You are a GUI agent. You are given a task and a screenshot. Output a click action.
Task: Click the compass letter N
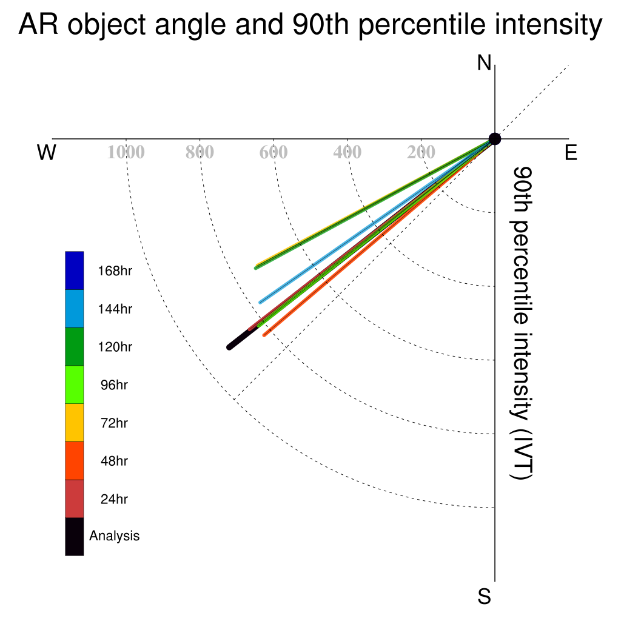tap(484, 63)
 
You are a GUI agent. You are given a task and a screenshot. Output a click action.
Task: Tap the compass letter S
tap(485, 596)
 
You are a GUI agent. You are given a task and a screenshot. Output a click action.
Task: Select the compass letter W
tap(47, 152)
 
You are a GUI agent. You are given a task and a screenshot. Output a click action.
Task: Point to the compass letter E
tap(571, 152)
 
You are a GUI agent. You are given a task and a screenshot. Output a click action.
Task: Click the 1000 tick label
tap(126, 152)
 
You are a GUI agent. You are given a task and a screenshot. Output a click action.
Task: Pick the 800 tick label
tap(200, 152)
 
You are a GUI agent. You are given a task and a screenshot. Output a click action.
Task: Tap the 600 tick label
tap(274, 152)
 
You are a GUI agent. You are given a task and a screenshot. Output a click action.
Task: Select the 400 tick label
tap(347, 152)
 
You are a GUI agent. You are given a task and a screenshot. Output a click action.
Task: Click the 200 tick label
tap(421, 152)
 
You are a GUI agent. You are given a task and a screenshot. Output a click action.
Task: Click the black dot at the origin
tap(495, 139)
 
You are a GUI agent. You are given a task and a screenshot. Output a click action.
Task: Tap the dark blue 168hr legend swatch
tap(75, 270)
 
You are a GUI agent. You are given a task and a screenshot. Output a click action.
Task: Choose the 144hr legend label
tap(115, 309)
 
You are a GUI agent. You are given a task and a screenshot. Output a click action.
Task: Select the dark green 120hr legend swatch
tap(75, 346)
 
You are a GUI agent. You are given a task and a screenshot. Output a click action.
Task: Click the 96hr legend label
tap(114, 385)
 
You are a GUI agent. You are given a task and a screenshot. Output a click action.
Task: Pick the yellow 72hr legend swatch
tap(75, 423)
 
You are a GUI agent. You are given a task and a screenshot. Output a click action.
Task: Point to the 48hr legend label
tap(114, 461)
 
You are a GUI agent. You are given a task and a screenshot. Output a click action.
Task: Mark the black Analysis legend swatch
tap(75, 537)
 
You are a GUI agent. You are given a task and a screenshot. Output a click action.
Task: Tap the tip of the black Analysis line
tap(229, 347)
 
